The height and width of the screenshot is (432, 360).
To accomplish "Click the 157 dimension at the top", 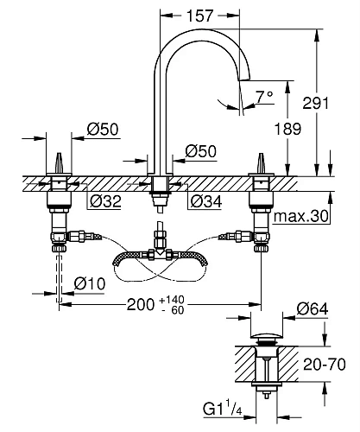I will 204,16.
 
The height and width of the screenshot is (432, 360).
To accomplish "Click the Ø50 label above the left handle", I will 104,130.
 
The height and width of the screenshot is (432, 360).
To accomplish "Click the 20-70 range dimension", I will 332,364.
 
